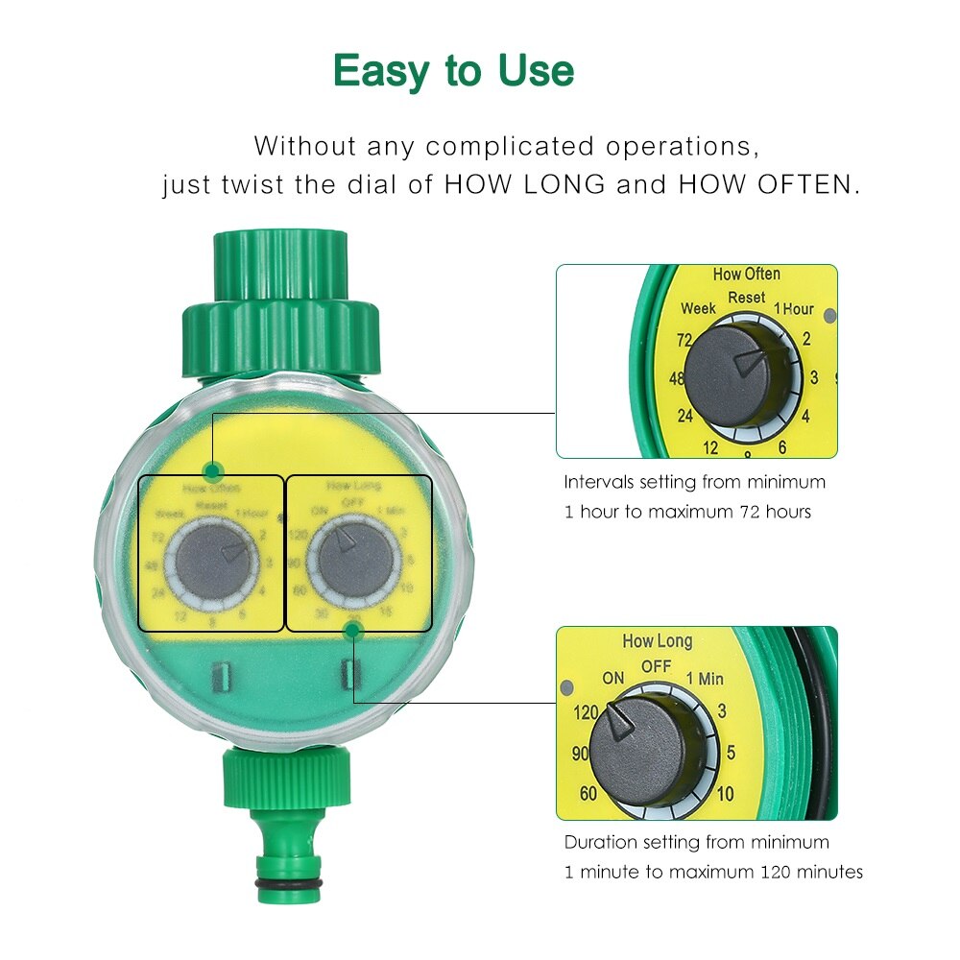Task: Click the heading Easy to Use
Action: pos(453,71)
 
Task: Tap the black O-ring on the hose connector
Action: pos(289,883)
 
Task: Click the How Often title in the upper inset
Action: pos(746,275)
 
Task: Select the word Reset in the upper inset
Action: pos(746,298)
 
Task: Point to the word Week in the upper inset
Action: pos(698,309)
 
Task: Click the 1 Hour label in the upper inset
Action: pos(794,309)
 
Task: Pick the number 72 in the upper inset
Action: pos(684,340)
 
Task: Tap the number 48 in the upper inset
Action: pos(677,378)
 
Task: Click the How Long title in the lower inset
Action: pos(657,641)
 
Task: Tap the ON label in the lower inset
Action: pos(613,678)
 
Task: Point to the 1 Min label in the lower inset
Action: pos(705,679)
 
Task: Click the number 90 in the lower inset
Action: pos(580,754)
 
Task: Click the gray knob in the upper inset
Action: pos(737,375)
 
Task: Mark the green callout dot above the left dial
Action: pos(212,471)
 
